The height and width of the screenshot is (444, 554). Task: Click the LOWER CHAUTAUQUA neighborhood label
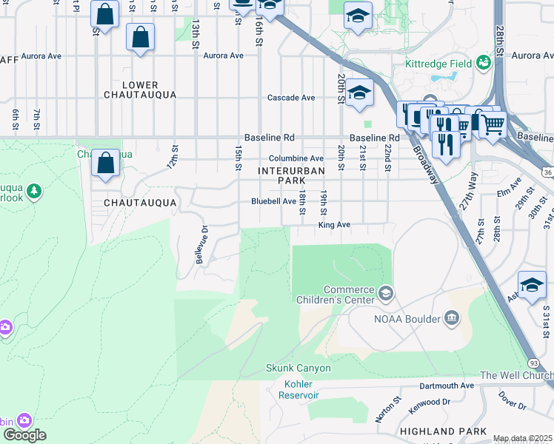140,90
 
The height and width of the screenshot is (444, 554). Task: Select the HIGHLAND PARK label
443,431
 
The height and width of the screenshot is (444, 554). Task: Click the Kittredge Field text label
438,64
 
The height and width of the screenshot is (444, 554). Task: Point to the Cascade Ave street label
291,98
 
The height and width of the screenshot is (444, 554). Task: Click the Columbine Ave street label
296,158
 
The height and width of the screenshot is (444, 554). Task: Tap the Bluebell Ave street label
274,201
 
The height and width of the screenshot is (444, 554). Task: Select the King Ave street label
333,225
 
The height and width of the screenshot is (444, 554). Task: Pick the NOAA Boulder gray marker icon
451,319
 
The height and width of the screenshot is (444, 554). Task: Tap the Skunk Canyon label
298,368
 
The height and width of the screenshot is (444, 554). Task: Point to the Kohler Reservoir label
298,389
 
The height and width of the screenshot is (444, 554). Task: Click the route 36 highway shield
547,172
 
